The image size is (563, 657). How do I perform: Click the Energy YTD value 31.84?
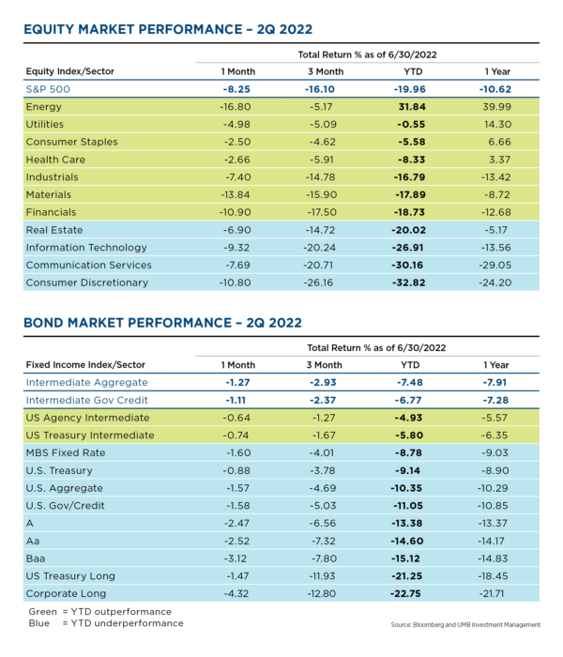[x=412, y=107]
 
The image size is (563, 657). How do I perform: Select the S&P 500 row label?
[x=48, y=89]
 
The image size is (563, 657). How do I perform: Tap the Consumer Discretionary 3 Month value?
[x=318, y=283]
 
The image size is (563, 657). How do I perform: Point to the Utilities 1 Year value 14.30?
[x=496, y=125]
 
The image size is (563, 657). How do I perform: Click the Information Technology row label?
[x=86, y=248]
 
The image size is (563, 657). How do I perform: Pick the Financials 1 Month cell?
[x=235, y=212]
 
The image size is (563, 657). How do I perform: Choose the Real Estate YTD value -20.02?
[x=408, y=230]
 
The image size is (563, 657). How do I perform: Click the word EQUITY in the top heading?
[x=49, y=29]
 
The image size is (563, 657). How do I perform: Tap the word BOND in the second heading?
[x=43, y=323]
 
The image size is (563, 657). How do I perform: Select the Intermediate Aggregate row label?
[x=86, y=383]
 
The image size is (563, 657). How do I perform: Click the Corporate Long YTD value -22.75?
[x=405, y=594]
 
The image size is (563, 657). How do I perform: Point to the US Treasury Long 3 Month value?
[x=322, y=576]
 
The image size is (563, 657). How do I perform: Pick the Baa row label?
[x=36, y=558]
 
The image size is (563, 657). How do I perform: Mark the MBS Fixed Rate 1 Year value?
[x=495, y=453]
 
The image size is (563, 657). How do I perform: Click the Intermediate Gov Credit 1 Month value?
[x=236, y=400]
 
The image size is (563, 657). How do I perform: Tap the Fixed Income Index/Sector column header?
[x=85, y=365]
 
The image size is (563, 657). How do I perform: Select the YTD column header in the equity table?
[x=413, y=71]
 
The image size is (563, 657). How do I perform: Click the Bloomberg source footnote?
[x=465, y=625]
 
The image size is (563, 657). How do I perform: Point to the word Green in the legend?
[x=43, y=612]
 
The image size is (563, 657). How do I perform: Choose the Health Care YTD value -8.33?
[x=412, y=160]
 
